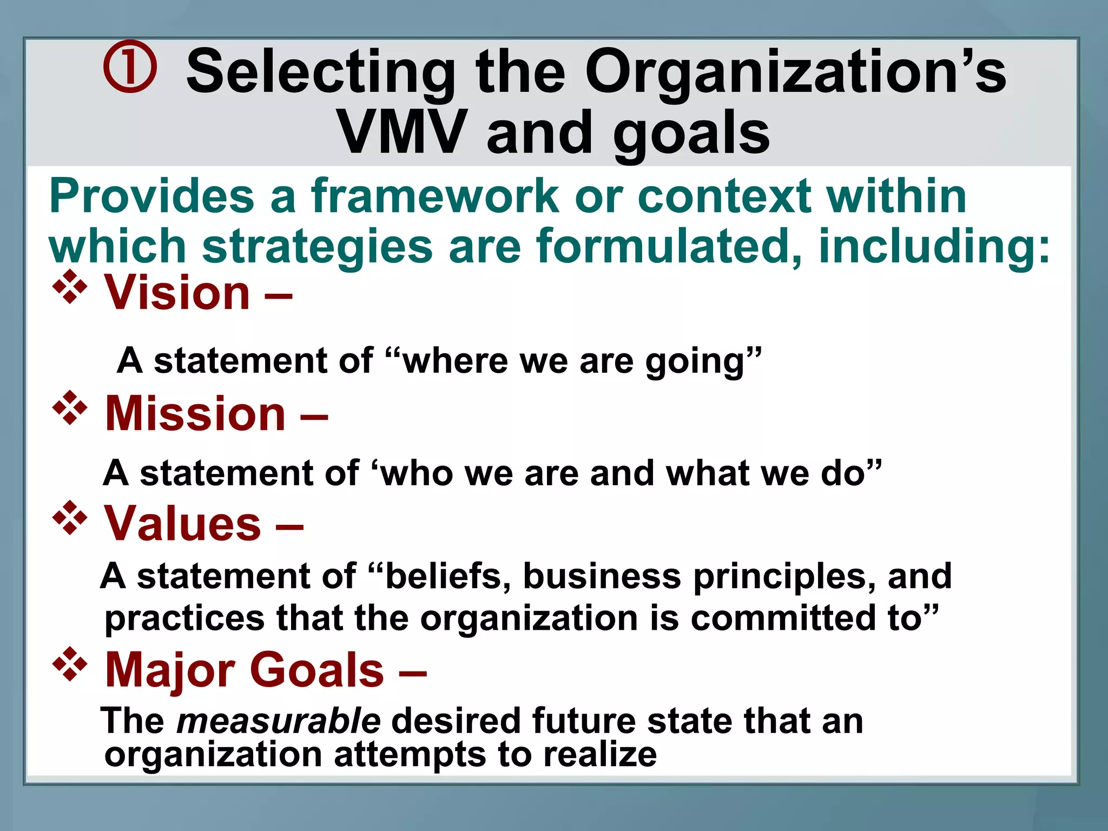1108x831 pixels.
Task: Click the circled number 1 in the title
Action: pyautogui.click(x=130, y=67)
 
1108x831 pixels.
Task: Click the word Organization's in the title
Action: pyautogui.click(x=795, y=73)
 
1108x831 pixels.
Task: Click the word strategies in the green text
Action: pyautogui.click(x=317, y=247)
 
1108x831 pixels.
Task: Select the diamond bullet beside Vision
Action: pyautogui.click(x=70, y=287)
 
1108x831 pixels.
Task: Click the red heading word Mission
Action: pyautogui.click(x=195, y=413)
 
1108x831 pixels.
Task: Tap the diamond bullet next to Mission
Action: pyautogui.click(x=70, y=407)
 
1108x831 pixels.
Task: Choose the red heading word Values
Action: pyautogui.click(x=183, y=523)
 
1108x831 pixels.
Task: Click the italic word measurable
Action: pyautogui.click(x=279, y=721)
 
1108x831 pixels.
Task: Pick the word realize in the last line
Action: pyautogui.click(x=600, y=754)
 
